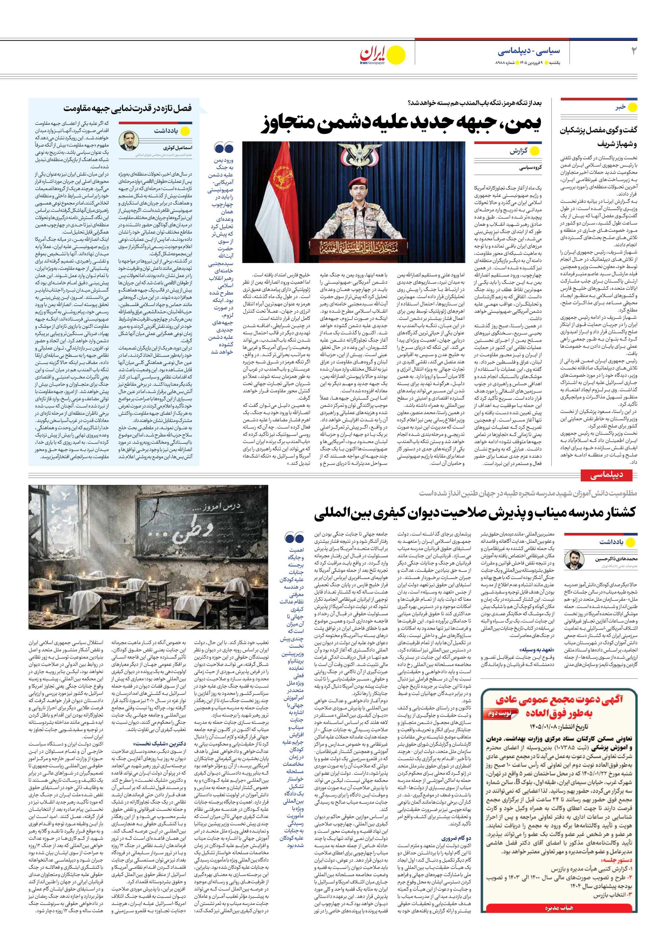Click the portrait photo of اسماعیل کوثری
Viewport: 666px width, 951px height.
128,141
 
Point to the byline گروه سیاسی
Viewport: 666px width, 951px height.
530,168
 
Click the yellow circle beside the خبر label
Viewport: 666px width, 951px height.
632,107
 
